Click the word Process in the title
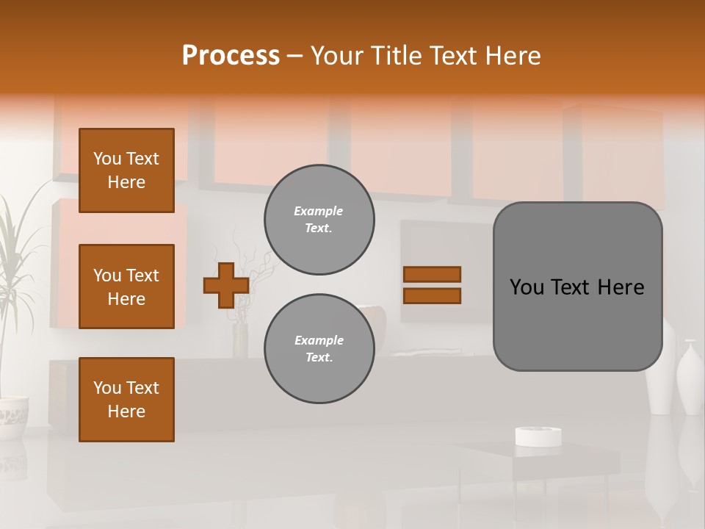231,56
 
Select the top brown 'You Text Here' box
126,170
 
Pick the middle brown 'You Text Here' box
126,287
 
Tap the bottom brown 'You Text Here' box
126,400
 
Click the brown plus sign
226,285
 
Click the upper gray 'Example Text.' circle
319,220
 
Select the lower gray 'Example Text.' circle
319,349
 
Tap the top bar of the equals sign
432,274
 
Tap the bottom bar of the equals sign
432,296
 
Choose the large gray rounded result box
577,287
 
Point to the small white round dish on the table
538,436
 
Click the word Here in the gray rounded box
621,287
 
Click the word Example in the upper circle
318,211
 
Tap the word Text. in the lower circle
319,358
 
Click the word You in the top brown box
107,159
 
